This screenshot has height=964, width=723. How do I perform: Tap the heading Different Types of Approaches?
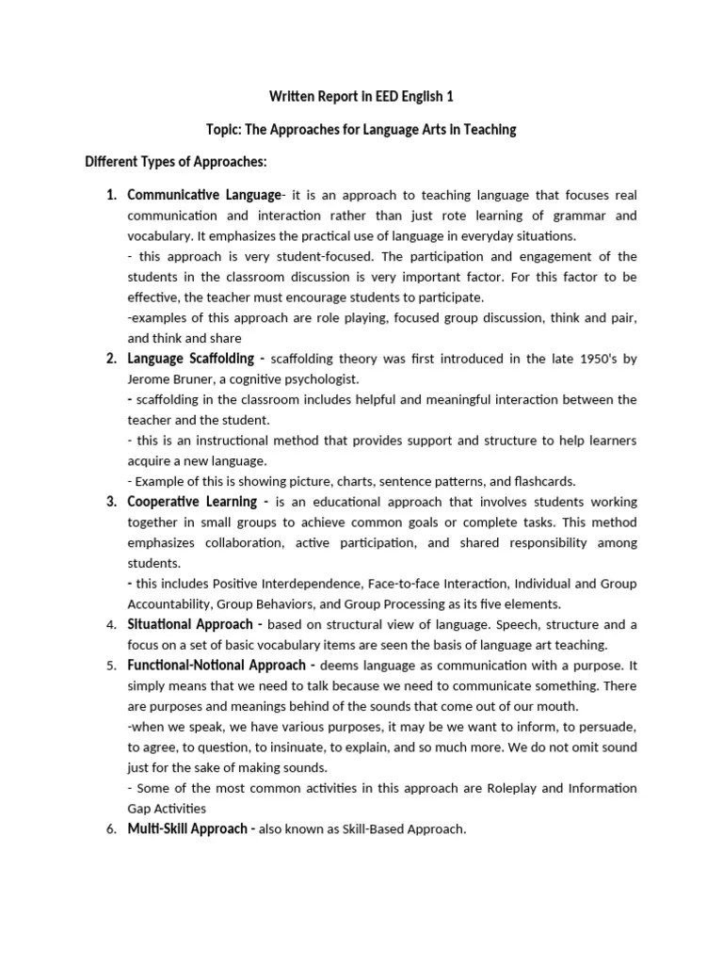point(177,162)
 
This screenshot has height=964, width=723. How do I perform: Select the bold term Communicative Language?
point(204,195)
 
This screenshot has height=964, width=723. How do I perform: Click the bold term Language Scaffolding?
point(191,359)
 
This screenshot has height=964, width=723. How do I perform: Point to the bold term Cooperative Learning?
point(193,502)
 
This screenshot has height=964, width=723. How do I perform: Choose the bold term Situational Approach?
point(190,624)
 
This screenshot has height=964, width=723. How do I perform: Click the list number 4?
point(111,625)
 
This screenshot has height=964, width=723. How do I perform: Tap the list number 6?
point(111,829)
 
